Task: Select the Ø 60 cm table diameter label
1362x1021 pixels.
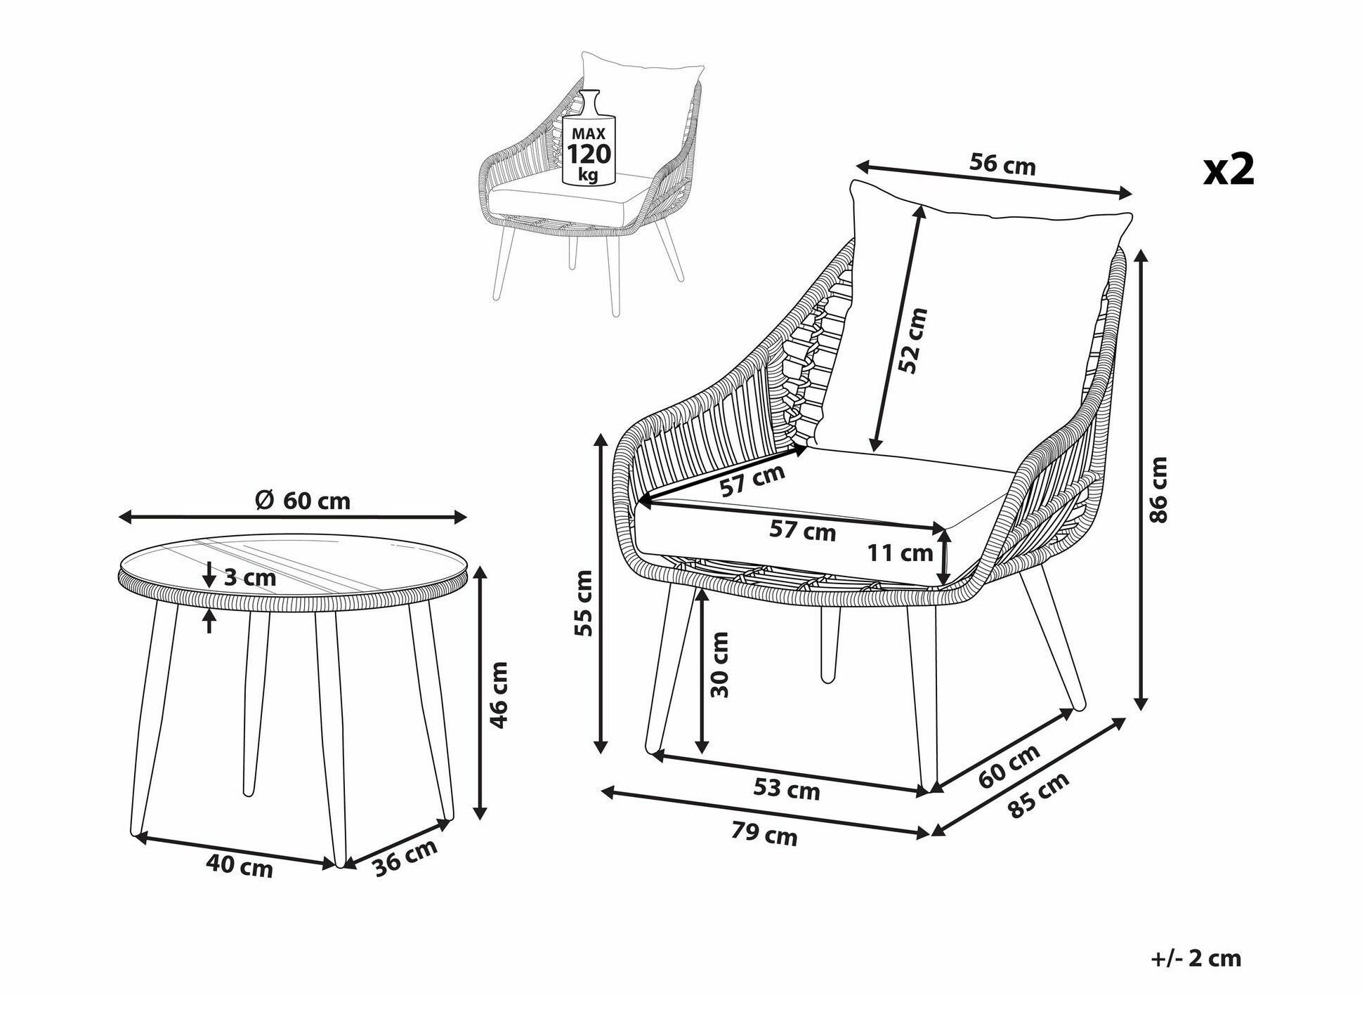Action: [303, 501]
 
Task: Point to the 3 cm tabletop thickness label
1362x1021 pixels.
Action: [249, 577]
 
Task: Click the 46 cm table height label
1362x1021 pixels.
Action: [498, 694]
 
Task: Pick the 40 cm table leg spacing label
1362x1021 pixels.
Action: [240, 867]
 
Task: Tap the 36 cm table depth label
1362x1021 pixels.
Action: [405, 857]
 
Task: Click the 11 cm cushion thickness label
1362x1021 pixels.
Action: [900, 553]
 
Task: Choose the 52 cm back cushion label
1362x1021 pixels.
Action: [913, 341]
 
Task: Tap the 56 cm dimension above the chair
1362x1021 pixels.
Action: [1002, 165]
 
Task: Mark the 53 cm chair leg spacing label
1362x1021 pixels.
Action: [787, 789]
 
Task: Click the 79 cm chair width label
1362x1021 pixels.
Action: [764, 835]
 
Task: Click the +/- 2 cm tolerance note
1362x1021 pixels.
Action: [1196, 959]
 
